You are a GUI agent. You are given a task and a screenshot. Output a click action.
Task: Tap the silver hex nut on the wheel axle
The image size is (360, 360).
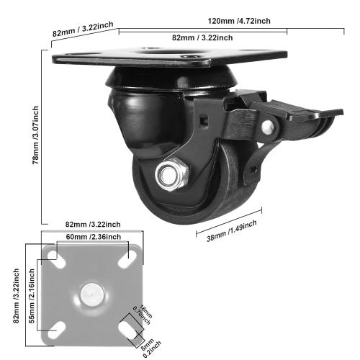pos(171,175)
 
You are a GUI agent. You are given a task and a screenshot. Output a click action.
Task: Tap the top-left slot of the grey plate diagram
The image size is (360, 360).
pos(53,254)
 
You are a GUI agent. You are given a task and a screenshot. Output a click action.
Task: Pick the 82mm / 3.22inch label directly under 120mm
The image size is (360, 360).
pos(204,37)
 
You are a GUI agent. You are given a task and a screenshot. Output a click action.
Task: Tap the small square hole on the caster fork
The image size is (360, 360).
pos(204,115)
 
